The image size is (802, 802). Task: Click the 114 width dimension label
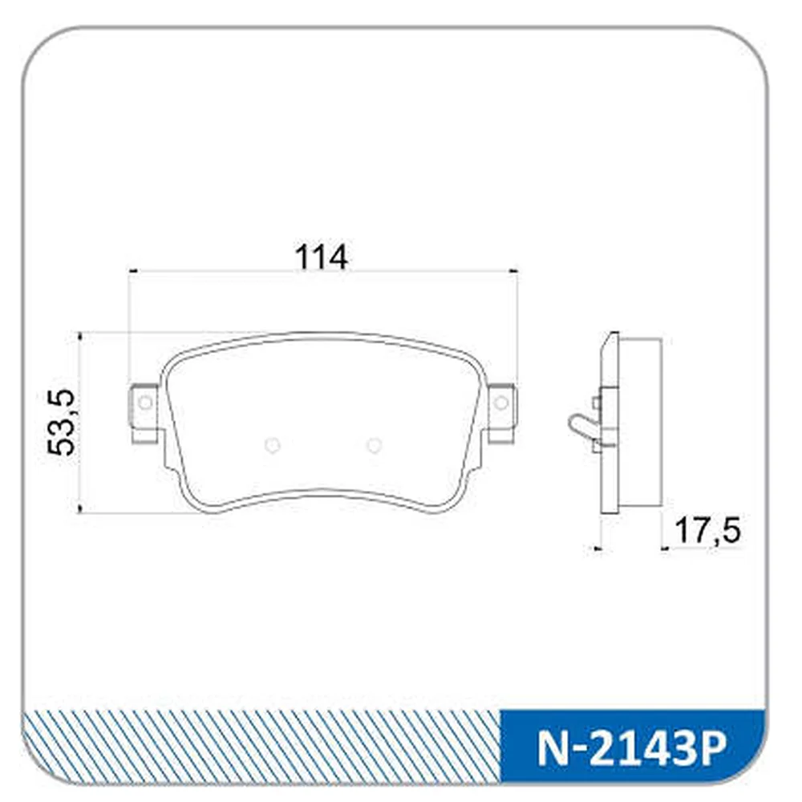tap(322, 257)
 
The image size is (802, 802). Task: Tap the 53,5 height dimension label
tap(62, 422)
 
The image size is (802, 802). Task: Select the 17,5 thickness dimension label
tap(707, 530)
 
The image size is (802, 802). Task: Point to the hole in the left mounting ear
tap(145, 403)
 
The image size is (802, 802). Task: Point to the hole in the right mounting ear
tap(501, 403)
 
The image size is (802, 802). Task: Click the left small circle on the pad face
tap(273, 445)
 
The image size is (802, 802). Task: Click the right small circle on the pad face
tap(374, 445)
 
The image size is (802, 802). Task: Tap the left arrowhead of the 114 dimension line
tap(133, 271)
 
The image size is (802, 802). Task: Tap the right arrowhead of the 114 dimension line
tap(513, 271)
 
